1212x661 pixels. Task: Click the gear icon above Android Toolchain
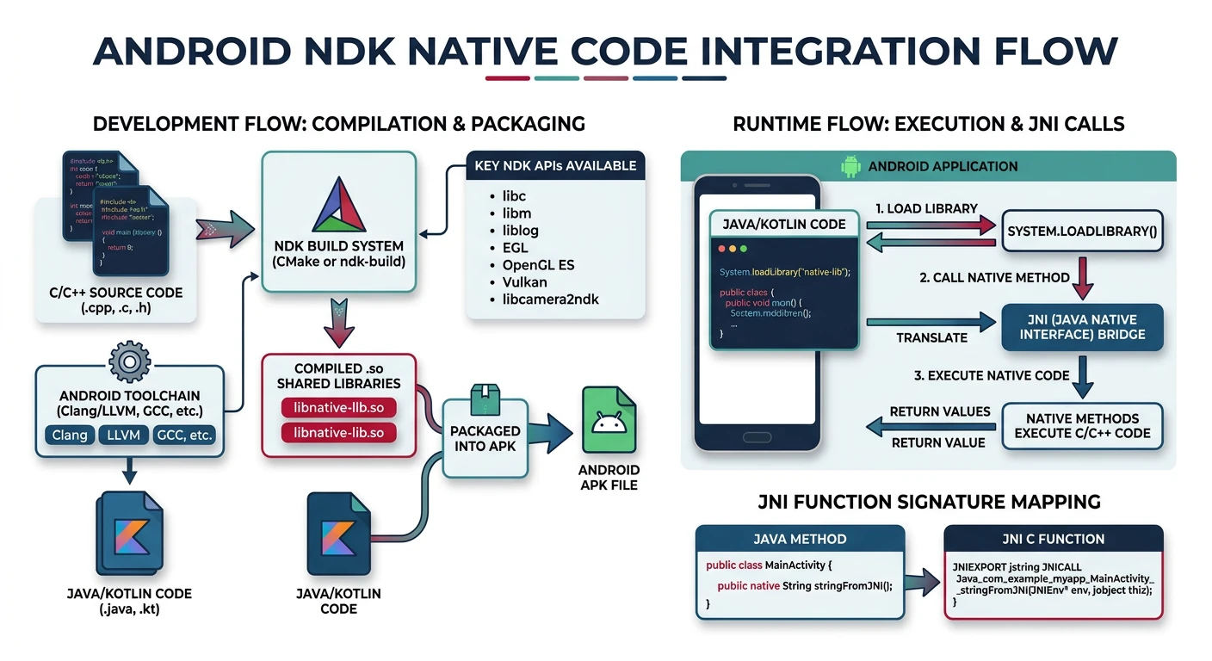(127, 361)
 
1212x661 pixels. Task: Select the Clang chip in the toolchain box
(70, 435)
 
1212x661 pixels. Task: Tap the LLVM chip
(124, 435)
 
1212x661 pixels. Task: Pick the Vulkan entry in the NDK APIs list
(524, 281)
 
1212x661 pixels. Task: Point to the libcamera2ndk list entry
(550, 299)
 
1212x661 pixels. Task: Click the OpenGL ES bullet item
(538, 264)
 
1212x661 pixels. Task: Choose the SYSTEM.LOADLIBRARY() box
(1082, 232)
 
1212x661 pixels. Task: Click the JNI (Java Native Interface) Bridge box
(1082, 327)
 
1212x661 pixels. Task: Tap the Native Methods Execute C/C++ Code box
(1082, 426)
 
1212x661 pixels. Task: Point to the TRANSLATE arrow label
(931, 337)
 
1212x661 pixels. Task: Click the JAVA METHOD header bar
(800, 539)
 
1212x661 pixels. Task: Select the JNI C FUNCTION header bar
(1053, 539)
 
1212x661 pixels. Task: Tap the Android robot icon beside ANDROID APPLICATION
(850, 166)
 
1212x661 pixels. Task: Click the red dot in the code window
(721, 248)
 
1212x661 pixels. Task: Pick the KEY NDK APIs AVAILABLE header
(555, 165)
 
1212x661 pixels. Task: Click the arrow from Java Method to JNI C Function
(924, 581)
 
